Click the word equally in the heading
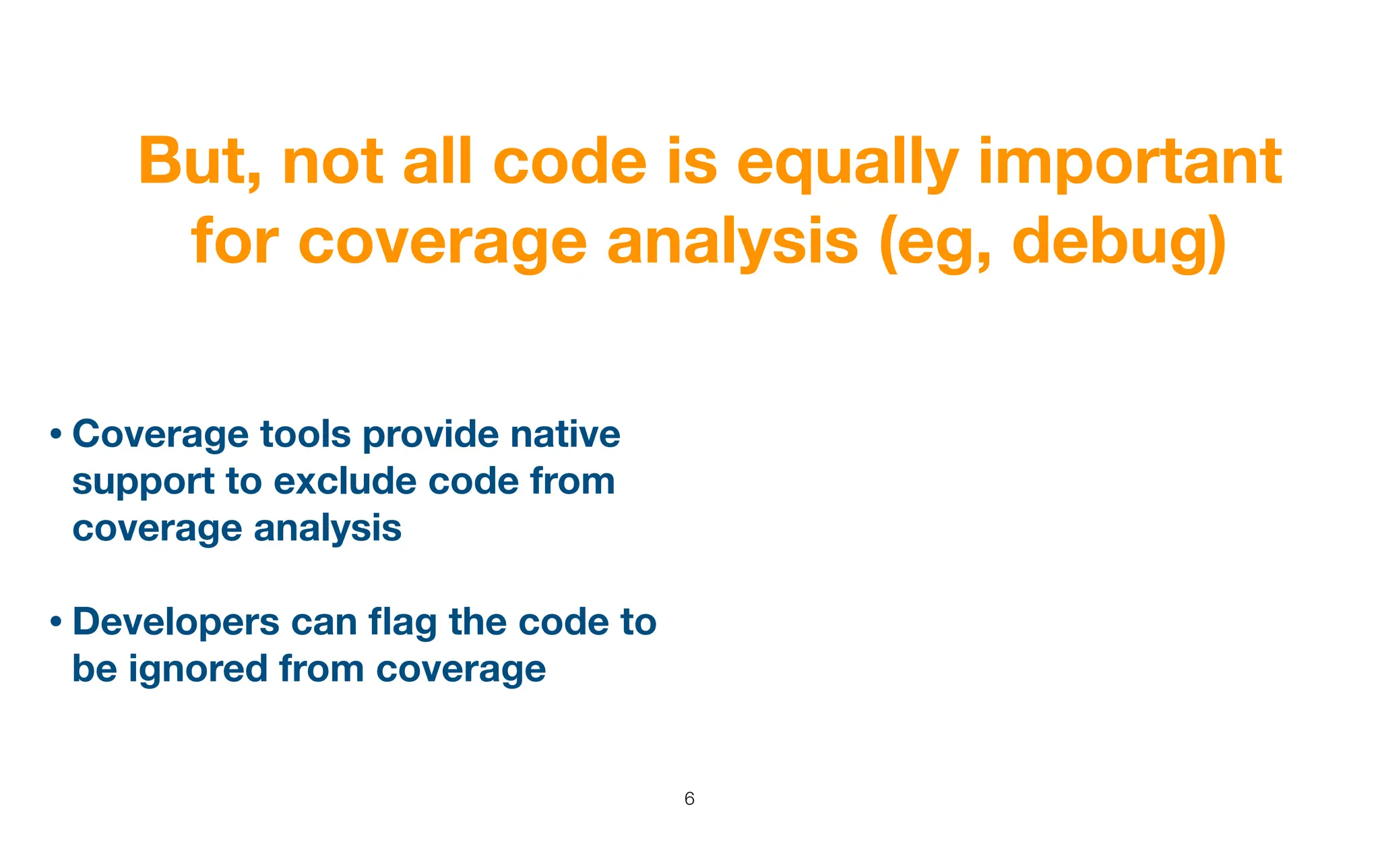846,162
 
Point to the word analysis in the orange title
732,243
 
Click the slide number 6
689,799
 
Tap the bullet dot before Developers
57,622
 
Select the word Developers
175,622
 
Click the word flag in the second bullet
402,622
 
